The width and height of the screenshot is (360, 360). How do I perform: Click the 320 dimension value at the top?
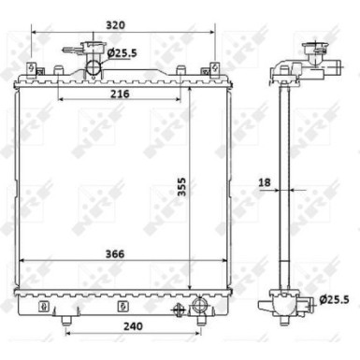pyautogui.click(x=115, y=25)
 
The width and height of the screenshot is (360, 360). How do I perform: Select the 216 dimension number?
pyautogui.click(x=120, y=94)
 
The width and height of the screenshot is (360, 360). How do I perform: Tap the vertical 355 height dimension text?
pyautogui.click(x=181, y=187)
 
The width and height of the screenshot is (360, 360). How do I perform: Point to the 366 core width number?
pyautogui.click(x=115, y=254)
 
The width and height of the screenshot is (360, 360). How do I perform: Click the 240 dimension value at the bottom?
pyautogui.click(x=133, y=326)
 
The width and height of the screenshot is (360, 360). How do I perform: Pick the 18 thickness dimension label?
pyautogui.click(x=265, y=182)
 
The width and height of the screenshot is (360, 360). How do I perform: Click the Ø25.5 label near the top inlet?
pyautogui.click(x=122, y=53)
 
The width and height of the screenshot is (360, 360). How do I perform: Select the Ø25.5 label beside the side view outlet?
pyautogui.click(x=335, y=300)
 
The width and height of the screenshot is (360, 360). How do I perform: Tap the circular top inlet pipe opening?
pyautogui.click(x=94, y=68)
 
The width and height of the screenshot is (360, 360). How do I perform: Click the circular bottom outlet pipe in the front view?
pyautogui.click(x=199, y=305)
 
